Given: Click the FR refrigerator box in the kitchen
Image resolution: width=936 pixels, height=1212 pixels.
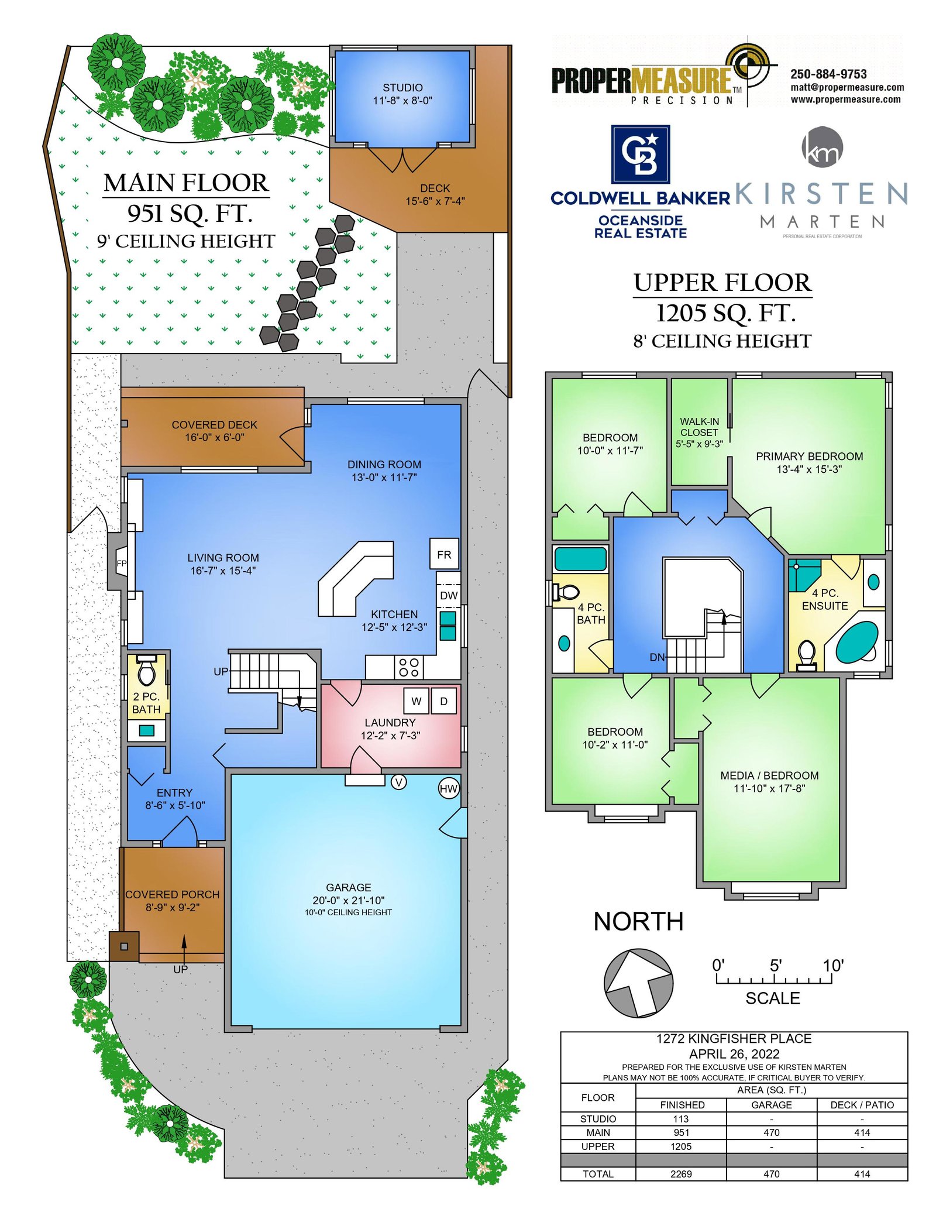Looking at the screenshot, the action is coord(444,554).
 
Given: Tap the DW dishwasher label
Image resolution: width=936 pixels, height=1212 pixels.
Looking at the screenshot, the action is coord(449,595).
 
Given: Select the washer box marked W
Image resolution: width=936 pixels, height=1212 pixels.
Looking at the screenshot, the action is coord(416,701).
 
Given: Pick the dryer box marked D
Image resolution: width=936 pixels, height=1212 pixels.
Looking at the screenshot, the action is coord(443,701).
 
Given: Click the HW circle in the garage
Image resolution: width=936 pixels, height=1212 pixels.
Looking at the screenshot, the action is coord(448,788).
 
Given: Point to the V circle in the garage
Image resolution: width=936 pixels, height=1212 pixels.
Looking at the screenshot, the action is coord(398,782).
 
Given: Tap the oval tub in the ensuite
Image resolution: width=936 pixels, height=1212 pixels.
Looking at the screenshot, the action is coord(857,641).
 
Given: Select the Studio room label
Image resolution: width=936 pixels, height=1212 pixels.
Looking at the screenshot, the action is coord(402,94).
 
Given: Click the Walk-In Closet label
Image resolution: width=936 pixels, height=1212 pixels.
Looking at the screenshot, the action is coord(699,432).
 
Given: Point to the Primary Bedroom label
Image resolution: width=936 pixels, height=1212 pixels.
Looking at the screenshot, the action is coord(809,462).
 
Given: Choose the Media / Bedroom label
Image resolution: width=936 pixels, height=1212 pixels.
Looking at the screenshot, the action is coord(769,781).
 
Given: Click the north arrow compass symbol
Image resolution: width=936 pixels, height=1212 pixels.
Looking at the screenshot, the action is coord(638,983).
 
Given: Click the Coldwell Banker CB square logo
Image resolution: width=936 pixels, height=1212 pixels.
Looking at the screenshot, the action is coord(640,154).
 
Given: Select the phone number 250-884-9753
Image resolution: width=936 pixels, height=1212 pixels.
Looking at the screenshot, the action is coord(828,74).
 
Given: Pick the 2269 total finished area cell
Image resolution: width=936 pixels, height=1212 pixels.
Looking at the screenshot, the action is coord(681,1173).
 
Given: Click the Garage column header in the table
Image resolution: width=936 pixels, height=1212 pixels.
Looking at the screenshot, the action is coord(771,1105).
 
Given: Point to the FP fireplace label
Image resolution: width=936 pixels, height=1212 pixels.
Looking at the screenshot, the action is coord(122,564).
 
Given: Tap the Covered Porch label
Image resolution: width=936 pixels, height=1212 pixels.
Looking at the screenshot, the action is coord(173,901).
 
